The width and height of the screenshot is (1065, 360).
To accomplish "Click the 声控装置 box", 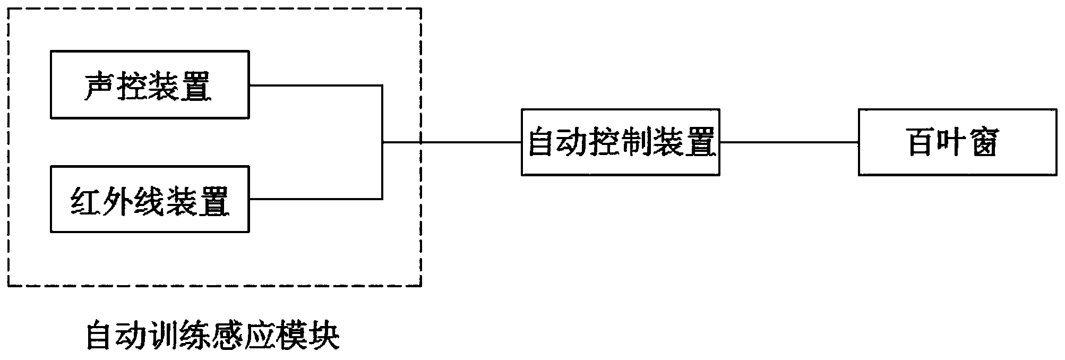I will click(x=150, y=84).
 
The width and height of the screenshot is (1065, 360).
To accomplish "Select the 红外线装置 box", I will click(x=150, y=199).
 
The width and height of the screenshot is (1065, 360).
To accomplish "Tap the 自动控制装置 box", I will click(x=620, y=142).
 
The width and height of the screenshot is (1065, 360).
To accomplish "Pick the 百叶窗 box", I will click(x=957, y=142).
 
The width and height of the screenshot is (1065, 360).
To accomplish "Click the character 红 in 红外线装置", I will click(x=86, y=201).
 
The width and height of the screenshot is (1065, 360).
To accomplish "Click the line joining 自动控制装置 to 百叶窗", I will click(x=789, y=142).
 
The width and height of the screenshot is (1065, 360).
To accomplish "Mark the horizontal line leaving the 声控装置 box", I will click(x=315, y=85).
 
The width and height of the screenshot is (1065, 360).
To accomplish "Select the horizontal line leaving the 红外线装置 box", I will click(x=315, y=199).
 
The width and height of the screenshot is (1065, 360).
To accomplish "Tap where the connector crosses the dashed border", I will click(x=421, y=142).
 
